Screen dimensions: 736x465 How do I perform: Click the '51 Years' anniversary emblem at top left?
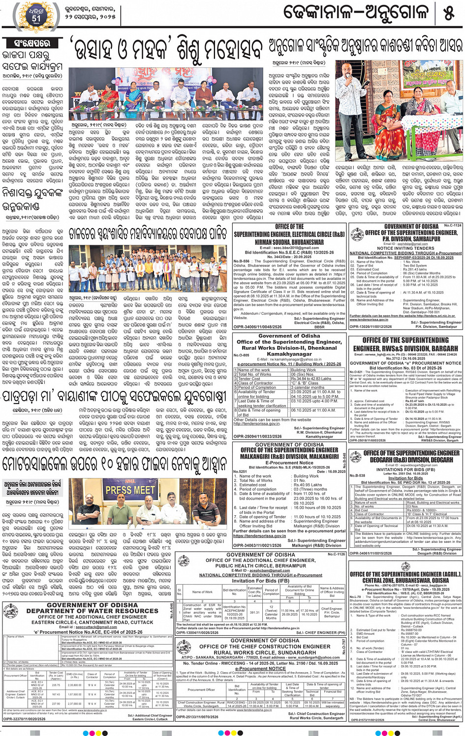click(x=36, y=15)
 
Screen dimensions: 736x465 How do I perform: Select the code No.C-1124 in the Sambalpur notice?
click(x=453, y=226)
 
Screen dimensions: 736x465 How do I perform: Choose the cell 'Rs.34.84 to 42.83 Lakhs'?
click(x=311, y=379)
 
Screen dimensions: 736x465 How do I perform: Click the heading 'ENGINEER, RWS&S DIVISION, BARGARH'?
click(x=405, y=348)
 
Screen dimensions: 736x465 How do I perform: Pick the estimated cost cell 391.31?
click(x=254, y=613)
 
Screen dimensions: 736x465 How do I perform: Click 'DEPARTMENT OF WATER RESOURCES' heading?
click(x=93, y=611)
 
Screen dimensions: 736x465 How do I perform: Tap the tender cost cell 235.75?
click(x=56, y=685)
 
